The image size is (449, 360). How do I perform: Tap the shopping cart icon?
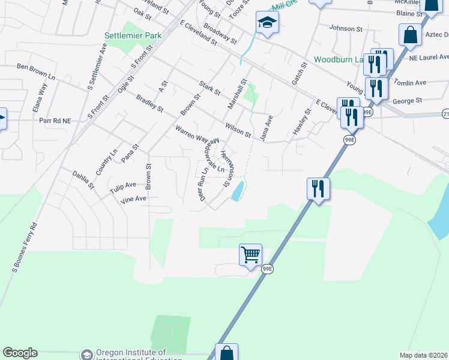tap(250, 255)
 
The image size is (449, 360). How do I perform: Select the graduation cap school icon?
tap(267, 24)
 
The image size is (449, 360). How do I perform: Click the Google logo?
tap(20, 353)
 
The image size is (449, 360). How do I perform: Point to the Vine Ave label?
tap(133, 199)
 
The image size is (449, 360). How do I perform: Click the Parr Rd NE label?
tap(55, 121)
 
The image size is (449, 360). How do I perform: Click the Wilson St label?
tap(238, 130)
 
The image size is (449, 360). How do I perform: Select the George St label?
tap(408, 101)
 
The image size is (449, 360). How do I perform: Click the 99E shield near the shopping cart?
tap(268, 269)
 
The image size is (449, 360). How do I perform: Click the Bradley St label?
tap(149, 103)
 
